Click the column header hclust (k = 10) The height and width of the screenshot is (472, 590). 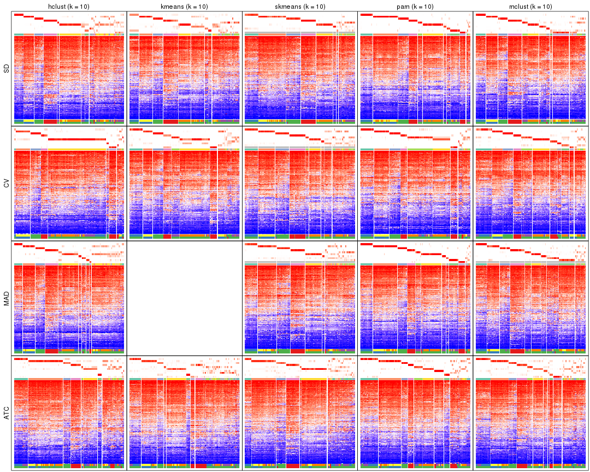coord(69,6)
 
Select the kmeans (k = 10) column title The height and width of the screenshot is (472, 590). coord(184,6)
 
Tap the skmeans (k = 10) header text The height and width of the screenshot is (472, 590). coord(299,6)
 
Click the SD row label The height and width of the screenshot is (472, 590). coord(7,69)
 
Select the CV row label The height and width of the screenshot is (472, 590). coord(7,184)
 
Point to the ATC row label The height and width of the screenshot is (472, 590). coord(7,413)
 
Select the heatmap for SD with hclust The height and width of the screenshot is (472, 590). coord(69,76)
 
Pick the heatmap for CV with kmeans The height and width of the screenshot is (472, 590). coord(184,191)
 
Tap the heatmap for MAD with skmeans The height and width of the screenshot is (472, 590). coord(299,306)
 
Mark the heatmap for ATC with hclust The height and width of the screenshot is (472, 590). coord(69,421)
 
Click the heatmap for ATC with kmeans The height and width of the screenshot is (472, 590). coord(184,421)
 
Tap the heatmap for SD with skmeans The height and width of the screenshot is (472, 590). coord(299,76)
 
